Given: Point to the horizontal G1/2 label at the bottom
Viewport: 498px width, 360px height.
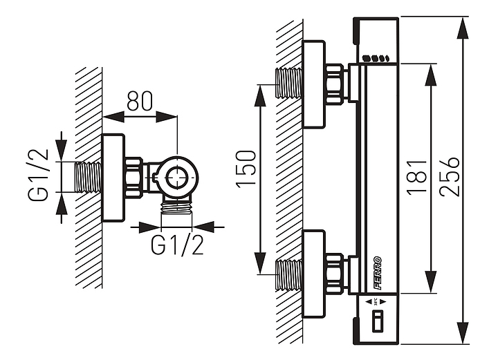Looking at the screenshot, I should tap(178, 245).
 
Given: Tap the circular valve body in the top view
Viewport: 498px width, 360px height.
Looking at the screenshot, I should tap(177, 176).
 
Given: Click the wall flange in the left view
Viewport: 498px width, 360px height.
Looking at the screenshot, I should tap(113, 178).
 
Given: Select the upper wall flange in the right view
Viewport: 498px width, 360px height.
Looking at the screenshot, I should tap(313, 84).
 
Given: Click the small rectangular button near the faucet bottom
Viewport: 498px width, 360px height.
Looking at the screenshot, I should tap(378, 321).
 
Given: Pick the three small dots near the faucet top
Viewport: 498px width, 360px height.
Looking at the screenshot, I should tap(378, 59).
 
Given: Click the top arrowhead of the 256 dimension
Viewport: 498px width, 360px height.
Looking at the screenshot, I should tap(463, 28).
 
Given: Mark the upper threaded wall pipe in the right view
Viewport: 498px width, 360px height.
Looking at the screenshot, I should tap(289, 82).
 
